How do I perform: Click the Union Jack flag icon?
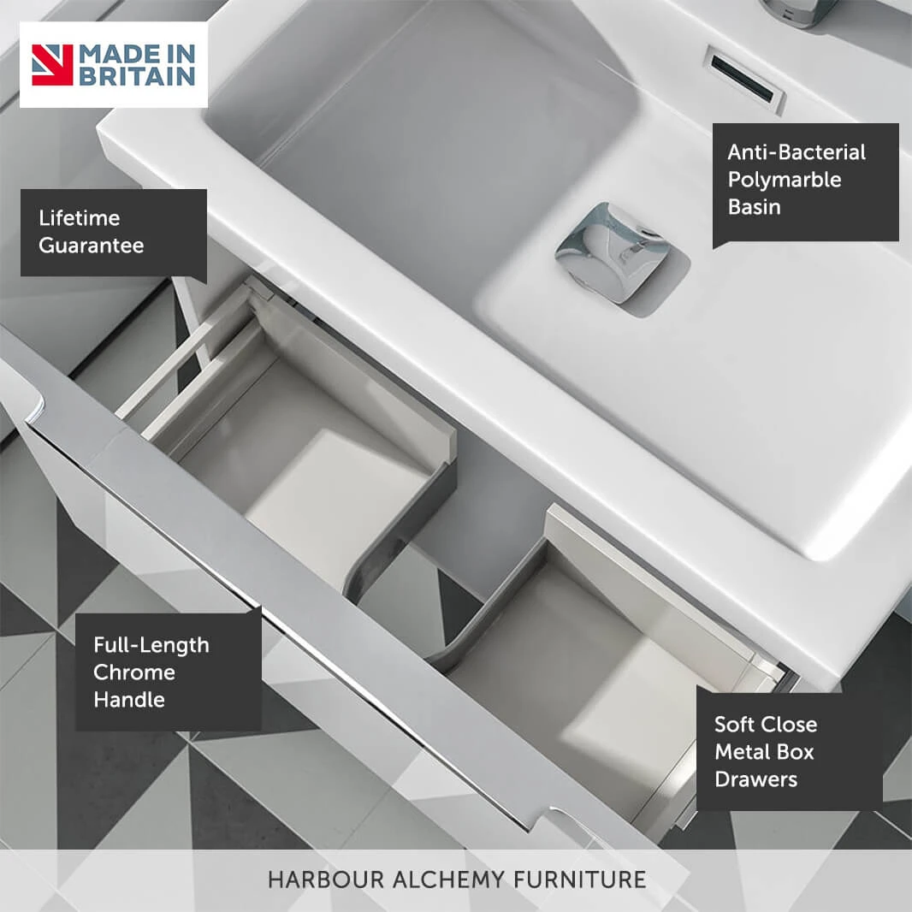click(x=52, y=65)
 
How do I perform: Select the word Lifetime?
click(x=80, y=218)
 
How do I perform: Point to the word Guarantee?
click(x=92, y=246)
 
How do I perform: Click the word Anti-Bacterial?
click(x=797, y=152)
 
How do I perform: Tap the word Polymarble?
click(x=784, y=180)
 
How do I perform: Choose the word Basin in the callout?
click(x=754, y=207)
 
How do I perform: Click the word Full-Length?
click(x=151, y=645)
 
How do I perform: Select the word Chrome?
click(x=134, y=672)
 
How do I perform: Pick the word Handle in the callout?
click(x=129, y=699)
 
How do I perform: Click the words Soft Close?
click(x=766, y=725)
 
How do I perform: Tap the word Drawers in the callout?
click(x=755, y=779)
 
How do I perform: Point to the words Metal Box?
click(x=764, y=752)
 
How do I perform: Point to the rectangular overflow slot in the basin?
click(x=745, y=79)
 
